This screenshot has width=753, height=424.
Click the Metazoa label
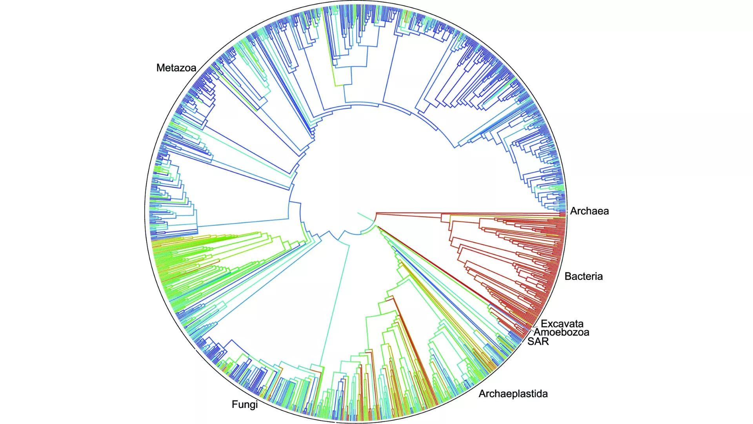[x=176, y=68]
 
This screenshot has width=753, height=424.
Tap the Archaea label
[x=589, y=211]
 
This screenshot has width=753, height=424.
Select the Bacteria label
[x=584, y=276]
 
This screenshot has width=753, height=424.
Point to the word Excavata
[x=562, y=324]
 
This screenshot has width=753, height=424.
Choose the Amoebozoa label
[x=562, y=333]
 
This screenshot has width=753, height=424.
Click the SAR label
[x=538, y=342]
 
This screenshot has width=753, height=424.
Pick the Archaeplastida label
[x=513, y=394]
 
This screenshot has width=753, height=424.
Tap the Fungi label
[x=244, y=404]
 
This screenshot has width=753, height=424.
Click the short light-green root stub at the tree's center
[x=363, y=216]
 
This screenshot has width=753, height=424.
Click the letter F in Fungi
[x=235, y=404]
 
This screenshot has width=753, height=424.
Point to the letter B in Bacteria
[x=568, y=276]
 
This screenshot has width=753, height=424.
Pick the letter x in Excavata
[x=549, y=324]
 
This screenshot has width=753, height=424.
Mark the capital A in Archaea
[x=574, y=211]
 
